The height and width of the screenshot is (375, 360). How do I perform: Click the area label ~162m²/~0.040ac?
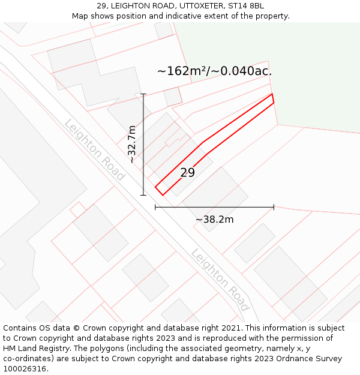[x=214, y=71]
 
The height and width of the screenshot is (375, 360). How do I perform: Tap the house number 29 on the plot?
[x=187, y=173]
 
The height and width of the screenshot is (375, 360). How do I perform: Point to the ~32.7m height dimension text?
[x=133, y=144]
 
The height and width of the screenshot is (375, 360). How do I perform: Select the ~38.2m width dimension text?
[x=214, y=220]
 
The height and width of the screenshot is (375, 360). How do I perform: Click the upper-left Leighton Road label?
[x=94, y=150]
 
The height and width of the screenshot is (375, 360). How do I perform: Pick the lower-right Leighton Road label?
[x=220, y=280]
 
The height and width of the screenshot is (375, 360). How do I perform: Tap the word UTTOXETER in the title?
[x=193, y=6]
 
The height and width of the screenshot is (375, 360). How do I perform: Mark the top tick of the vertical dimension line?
[x=143, y=94]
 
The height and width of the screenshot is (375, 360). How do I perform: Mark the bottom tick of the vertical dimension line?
[x=143, y=194]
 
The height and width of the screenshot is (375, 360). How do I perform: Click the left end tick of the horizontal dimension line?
[x=155, y=207]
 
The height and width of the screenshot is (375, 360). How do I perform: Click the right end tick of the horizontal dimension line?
[x=274, y=207]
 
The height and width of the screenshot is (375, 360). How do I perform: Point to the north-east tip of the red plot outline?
[x=272, y=95]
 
